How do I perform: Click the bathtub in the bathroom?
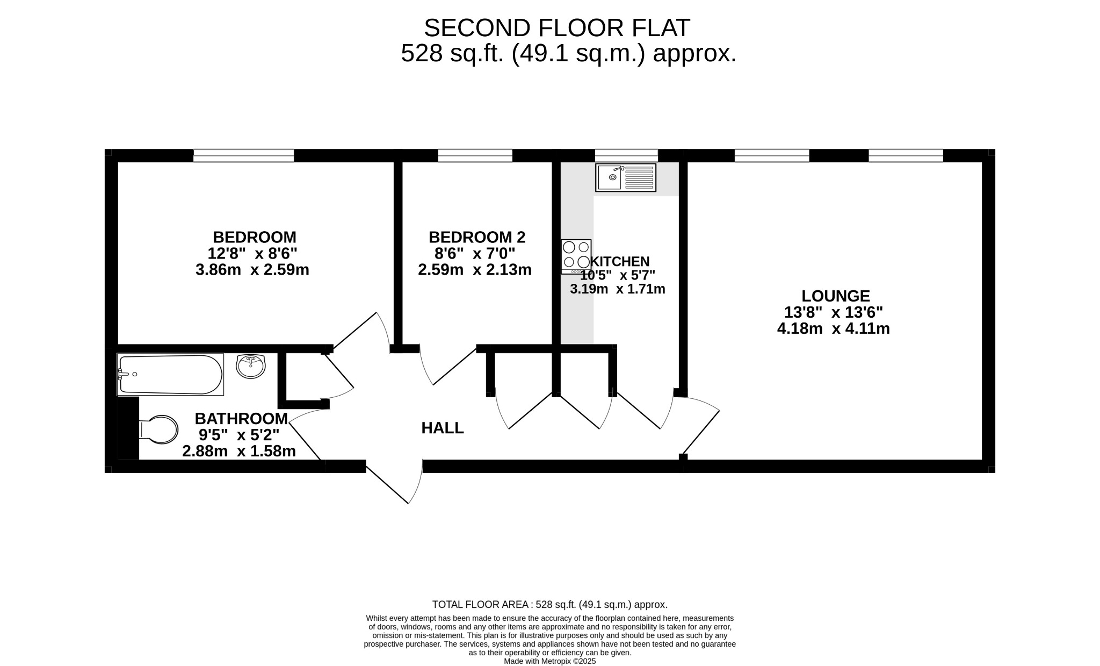click(x=170, y=374)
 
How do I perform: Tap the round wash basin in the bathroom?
click(x=251, y=367)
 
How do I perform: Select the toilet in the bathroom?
click(x=158, y=429)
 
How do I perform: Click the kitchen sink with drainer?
click(x=626, y=177)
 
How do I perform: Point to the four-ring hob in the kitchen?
click(x=576, y=256)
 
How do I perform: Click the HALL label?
click(x=443, y=428)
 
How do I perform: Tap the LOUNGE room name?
click(x=836, y=296)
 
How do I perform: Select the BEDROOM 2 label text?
click(x=477, y=237)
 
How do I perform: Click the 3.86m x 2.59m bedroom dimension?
click(x=252, y=269)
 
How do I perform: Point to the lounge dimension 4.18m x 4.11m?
click(x=834, y=328)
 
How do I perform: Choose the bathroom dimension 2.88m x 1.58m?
click(x=239, y=451)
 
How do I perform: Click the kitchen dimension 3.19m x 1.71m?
click(x=618, y=289)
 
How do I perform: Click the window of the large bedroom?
click(x=244, y=155)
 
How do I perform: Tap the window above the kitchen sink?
click(x=626, y=155)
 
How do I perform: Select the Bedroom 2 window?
click(x=475, y=155)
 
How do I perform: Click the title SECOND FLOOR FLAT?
click(x=557, y=28)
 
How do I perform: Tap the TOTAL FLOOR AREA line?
click(x=550, y=605)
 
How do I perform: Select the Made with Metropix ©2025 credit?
click(x=550, y=662)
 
